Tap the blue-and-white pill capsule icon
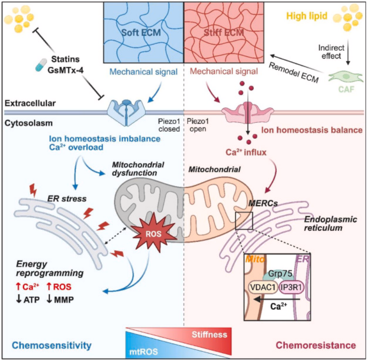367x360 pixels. (41, 67)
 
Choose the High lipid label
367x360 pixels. (305, 17)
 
